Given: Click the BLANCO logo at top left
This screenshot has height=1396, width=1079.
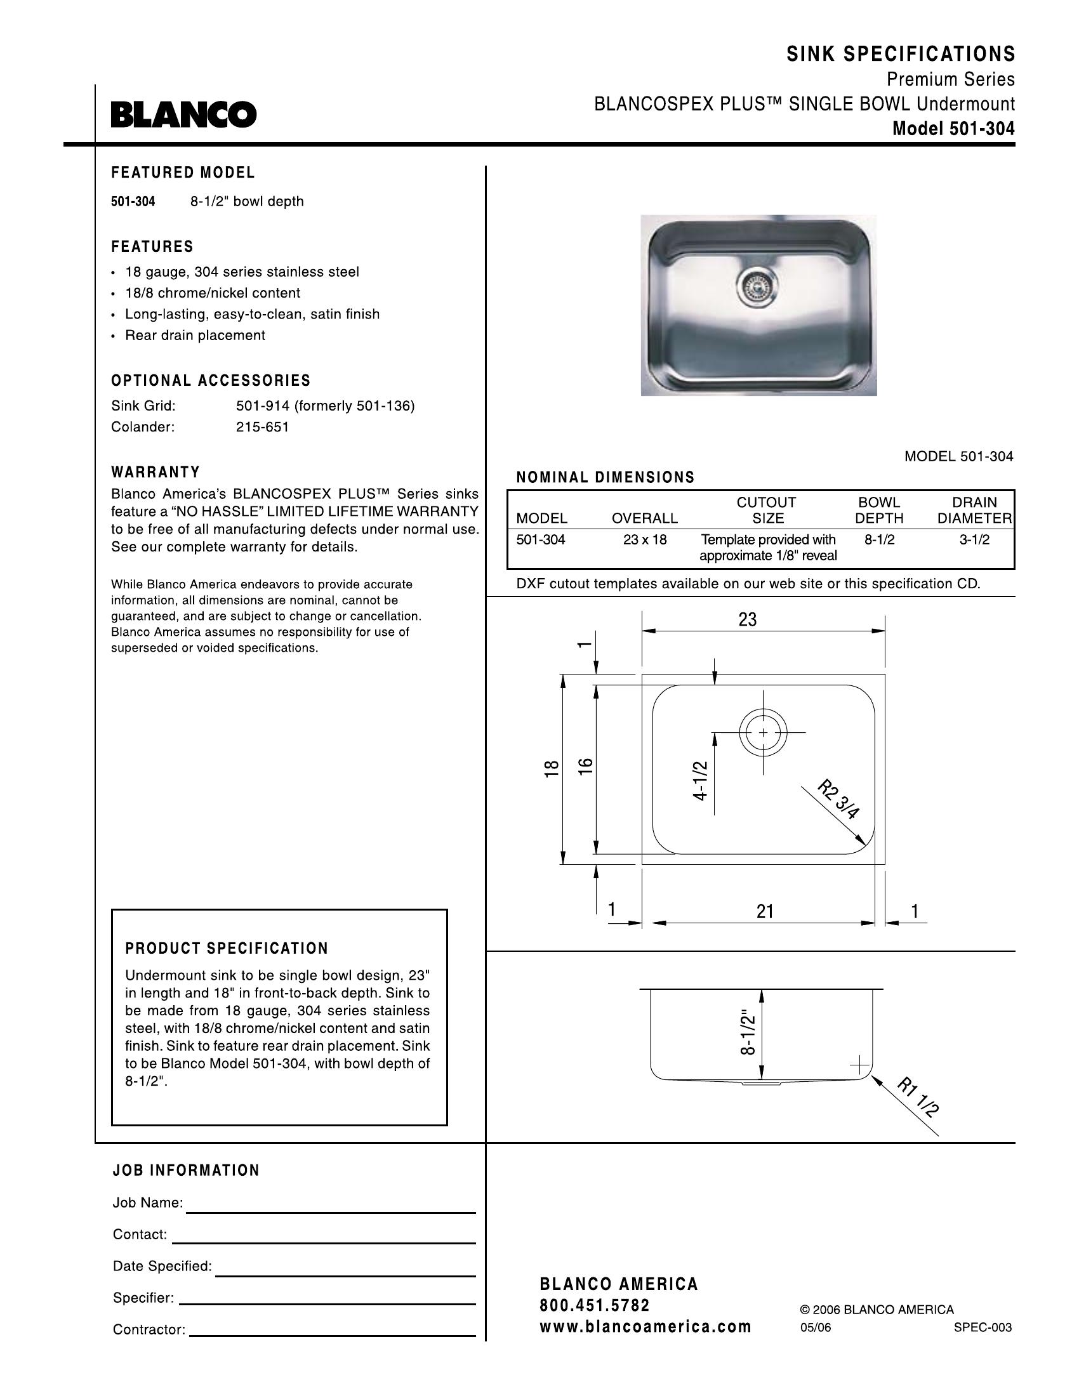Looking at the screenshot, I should click(x=183, y=114).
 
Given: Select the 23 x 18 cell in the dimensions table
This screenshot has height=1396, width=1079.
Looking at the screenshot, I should click(x=644, y=539).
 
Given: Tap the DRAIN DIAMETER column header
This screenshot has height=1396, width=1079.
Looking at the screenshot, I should click(x=974, y=510).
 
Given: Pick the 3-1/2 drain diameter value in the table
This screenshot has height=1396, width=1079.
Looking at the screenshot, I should click(x=974, y=539).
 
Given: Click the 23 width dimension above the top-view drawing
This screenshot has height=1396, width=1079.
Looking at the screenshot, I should click(x=747, y=619).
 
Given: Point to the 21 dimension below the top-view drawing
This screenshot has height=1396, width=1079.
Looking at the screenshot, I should click(x=765, y=911).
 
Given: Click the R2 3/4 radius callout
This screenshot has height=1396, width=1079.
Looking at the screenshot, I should click(x=838, y=799).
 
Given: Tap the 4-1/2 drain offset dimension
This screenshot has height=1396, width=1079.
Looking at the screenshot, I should click(x=701, y=780).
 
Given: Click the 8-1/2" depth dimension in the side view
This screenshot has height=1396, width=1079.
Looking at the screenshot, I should click(x=748, y=1032).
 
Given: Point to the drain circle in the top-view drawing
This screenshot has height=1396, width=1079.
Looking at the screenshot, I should click(x=763, y=732).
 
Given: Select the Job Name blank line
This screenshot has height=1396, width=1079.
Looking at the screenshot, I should click(x=331, y=1211).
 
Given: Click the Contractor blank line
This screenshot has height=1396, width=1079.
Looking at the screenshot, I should click(x=333, y=1335).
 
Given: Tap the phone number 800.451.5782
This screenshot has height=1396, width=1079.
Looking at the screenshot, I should click(x=595, y=1305).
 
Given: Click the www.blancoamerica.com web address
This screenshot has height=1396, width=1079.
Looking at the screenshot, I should click(x=645, y=1326).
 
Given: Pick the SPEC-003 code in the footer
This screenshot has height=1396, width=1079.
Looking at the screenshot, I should click(x=983, y=1327).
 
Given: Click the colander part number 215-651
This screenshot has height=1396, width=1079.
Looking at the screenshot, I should click(x=263, y=427).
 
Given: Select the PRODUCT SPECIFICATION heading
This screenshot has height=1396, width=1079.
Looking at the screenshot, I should click(x=227, y=949).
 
